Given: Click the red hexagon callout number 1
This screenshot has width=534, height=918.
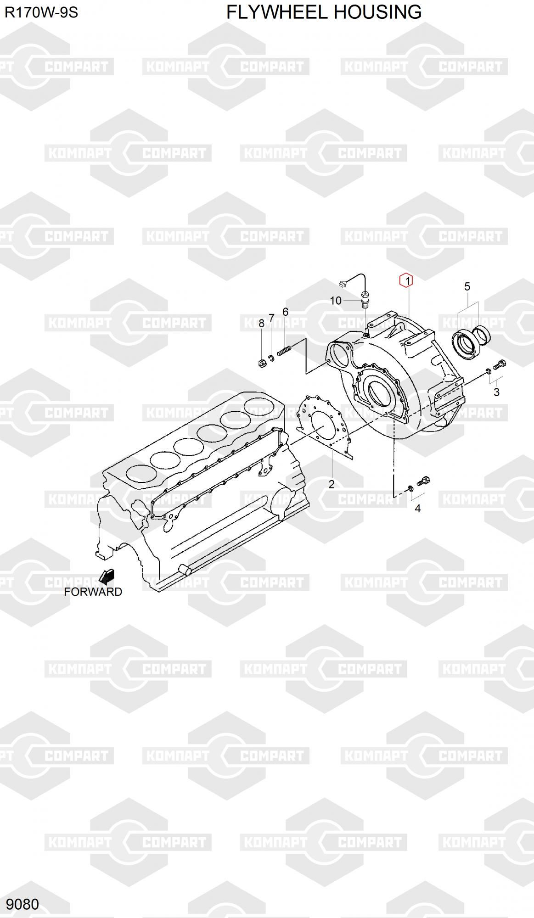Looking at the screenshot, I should click(406, 280).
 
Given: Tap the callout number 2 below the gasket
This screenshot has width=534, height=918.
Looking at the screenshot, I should click(331, 484).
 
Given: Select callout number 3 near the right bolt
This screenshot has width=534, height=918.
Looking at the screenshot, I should click(496, 392).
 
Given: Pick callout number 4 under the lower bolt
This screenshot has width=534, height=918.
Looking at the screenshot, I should click(417, 508).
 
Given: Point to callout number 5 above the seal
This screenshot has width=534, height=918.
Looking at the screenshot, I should click(467, 287).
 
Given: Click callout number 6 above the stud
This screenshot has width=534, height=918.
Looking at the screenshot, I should click(285, 312).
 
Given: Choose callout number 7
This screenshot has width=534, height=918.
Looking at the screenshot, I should click(271, 318).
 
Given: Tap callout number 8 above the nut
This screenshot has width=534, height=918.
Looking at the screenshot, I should click(261, 323).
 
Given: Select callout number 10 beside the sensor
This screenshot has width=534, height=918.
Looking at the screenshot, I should click(336, 301).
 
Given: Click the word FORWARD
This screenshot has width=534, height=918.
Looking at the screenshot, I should click(93, 592).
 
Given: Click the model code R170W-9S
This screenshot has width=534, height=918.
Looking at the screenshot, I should click(41, 12).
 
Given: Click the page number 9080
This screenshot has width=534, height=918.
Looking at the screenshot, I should click(22, 904).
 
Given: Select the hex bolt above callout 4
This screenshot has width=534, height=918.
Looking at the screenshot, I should click(423, 481).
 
